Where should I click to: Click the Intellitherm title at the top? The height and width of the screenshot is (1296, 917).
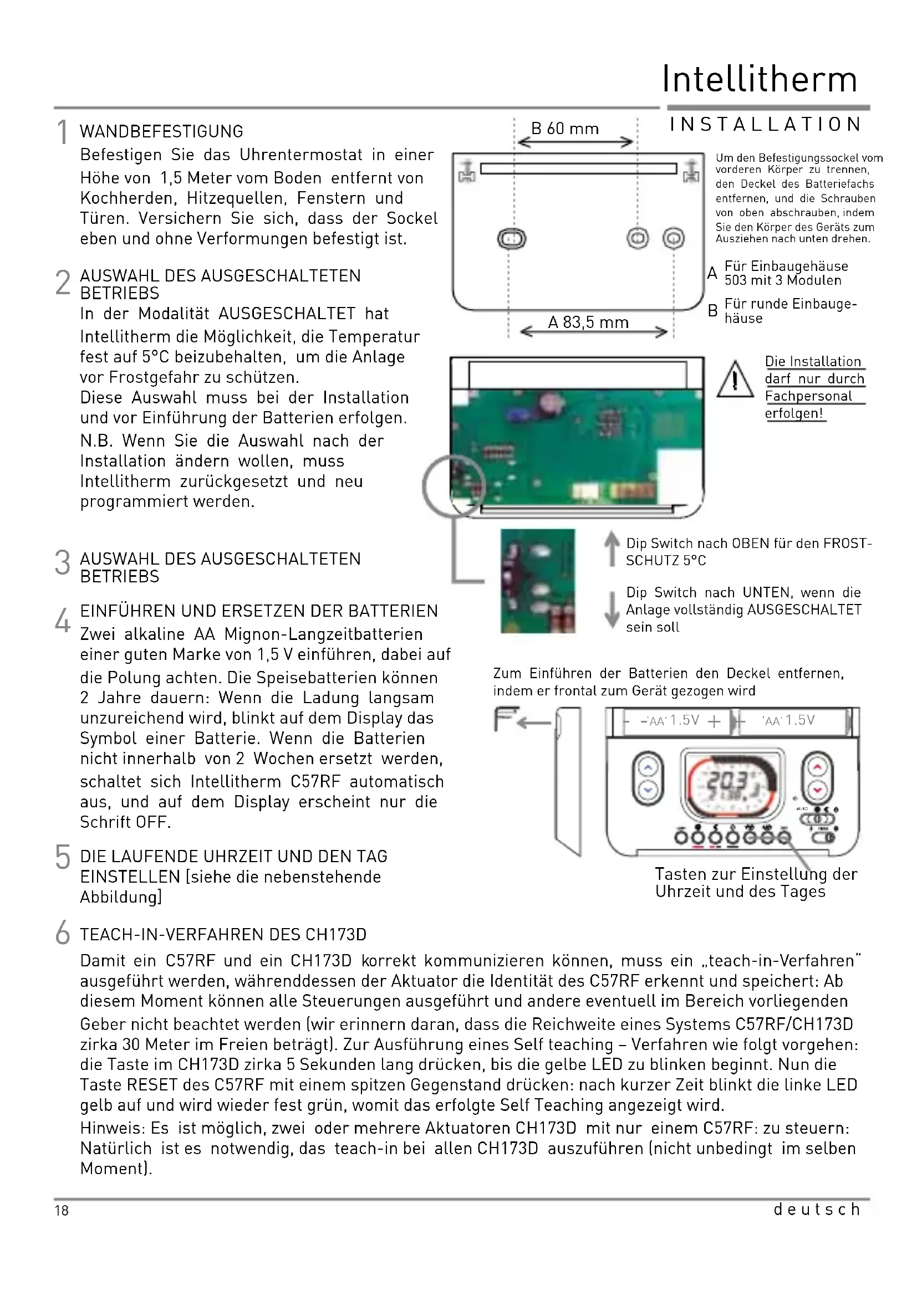coord(760,79)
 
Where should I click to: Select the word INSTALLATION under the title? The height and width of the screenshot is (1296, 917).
coord(766,125)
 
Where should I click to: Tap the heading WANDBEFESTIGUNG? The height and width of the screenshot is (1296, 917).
coord(161,131)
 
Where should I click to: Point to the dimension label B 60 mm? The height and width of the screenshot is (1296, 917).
coord(564,129)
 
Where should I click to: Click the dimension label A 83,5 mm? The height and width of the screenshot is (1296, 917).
coord(588,322)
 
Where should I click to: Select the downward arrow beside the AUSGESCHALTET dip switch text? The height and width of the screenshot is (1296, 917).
coord(612,609)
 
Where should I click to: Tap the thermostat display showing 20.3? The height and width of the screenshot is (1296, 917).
coord(732,784)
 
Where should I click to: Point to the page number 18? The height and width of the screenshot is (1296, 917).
coord(62,1210)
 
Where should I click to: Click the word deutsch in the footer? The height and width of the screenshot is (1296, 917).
coord(817,1209)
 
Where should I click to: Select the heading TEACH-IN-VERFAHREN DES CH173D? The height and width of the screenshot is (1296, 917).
coord(223,935)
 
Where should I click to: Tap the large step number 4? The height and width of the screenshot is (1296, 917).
coord(63,621)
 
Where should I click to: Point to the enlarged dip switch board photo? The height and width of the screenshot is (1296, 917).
coord(538,581)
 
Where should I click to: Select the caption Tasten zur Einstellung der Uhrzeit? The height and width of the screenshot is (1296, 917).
coord(756,883)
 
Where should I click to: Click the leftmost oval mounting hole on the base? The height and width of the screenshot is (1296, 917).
coord(512,239)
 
